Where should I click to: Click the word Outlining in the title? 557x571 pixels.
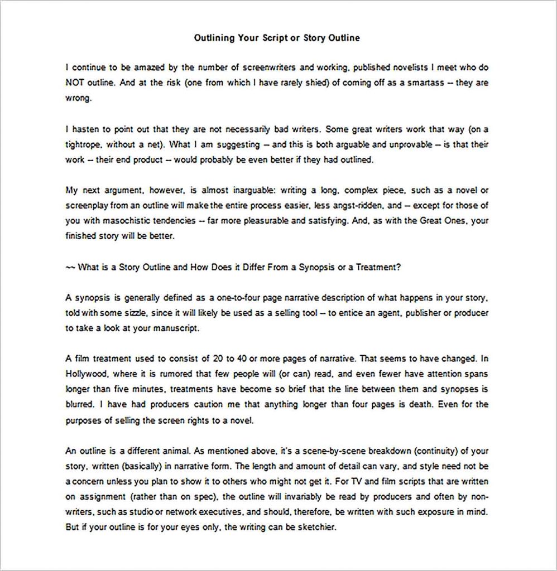point(215,38)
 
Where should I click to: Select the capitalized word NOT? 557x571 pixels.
point(76,82)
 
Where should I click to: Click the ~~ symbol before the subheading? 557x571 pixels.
point(70,267)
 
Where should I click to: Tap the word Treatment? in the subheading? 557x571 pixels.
point(379,267)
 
